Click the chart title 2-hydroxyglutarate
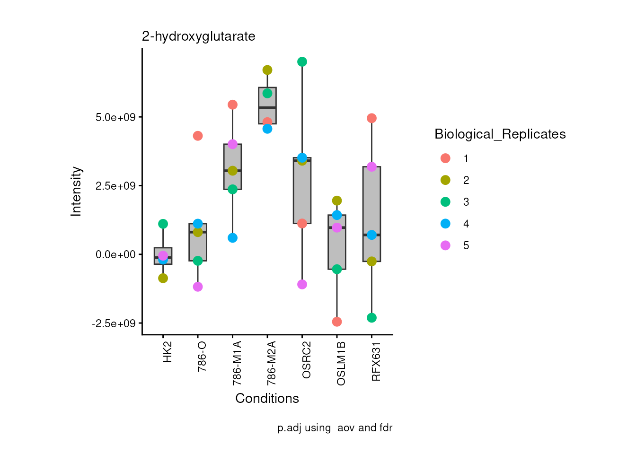(x=198, y=36)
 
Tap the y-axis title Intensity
(x=76, y=192)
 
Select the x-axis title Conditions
(x=267, y=399)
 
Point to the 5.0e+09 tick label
(x=115, y=117)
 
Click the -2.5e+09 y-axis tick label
(x=114, y=323)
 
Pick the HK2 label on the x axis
(x=167, y=352)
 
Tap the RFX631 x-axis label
(x=376, y=362)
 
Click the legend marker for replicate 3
(x=445, y=202)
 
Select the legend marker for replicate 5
(x=445, y=245)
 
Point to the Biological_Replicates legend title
(x=500, y=134)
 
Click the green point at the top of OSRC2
(x=302, y=62)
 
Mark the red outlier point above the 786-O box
(x=198, y=136)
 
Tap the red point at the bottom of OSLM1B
(x=337, y=322)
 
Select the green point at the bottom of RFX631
(x=371, y=318)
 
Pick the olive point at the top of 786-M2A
(x=267, y=70)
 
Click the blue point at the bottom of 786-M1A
(x=232, y=238)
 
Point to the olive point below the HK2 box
(x=163, y=278)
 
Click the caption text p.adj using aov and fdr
(x=335, y=428)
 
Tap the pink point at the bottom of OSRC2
(x=302, y=284)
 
